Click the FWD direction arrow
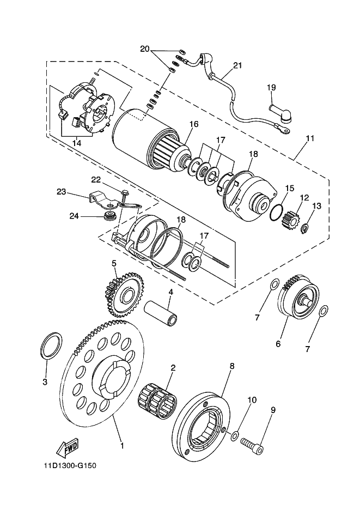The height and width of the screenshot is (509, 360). [x=68, y=449]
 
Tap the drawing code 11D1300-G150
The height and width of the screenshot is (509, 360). [x=70, y=466]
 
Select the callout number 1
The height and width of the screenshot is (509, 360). [x=123, y=446]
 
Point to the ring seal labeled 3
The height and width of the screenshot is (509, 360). [x=51, y=346]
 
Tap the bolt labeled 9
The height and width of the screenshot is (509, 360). [x=252, y=446]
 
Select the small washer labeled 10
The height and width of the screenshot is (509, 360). [x=235, y=436]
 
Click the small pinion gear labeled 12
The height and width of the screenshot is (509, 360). [x=290, y=222]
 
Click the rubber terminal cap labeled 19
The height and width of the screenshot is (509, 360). [x=281, y=113]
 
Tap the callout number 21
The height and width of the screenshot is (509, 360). [x=237, y=65]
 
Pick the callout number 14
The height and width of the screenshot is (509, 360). [x=77, y=143]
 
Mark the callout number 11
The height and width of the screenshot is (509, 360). [x=310, y=138]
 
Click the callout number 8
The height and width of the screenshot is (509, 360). [x=231, y=366]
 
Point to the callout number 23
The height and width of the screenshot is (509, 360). [x=61, y=192]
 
